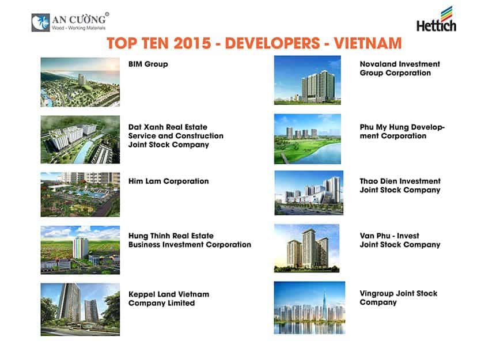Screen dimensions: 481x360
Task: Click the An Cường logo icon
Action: pyautogui.click(x=40, y=22)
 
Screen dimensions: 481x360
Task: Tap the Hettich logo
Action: pyautogui.click(x=436, y=20)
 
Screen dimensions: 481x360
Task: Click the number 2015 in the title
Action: pyautogui.click(x=192, y=43)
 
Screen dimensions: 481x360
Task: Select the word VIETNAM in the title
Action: pyautogui.click(x=368, y=43)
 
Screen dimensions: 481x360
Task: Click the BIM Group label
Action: pyautogui.click(x=148, y=64)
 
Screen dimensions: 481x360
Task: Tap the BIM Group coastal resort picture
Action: pyautogui.click(x=80, y=82)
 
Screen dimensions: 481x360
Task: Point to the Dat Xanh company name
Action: pyautogui.click(x=176, y=136)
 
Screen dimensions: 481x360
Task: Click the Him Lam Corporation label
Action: pyautogui.click(x=168, y=181)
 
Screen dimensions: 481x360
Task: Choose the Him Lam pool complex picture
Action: pyautogui.click(x=80, y=195)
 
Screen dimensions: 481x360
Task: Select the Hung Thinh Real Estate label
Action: pyautogui.click(x=190, y=240)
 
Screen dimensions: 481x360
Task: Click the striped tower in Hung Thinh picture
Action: pyautogui.click(x=81, y=248)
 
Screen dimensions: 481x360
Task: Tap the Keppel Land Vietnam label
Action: pyautogui.click(x=169, y=299)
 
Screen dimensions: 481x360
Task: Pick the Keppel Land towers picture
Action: pyautogui.click(x=80, y=309)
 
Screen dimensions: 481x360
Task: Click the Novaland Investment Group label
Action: pyautogui.click(x=400, y=69)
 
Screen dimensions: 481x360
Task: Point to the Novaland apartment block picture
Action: pyautogui.click(x=308, y=80)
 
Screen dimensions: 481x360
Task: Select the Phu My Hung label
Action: pyautogui.click(x=402, y=131)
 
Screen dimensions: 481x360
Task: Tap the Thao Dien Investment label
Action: pyautogui.click(x=400, y=185)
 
